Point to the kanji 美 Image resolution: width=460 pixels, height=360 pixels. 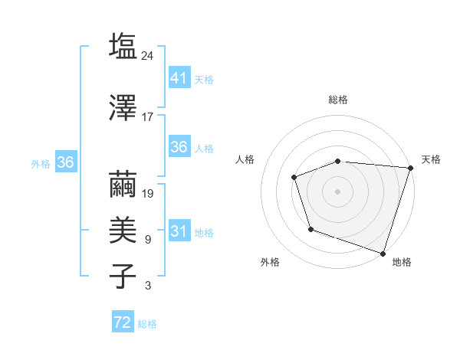tap(123, 231)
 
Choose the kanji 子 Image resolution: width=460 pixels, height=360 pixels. tap(123, 276)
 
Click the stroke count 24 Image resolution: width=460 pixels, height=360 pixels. tap(148, 55)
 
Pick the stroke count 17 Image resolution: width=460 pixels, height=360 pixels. tap(148, 116)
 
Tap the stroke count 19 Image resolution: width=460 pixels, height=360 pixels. tap(148, 193)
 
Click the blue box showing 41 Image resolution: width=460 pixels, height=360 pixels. tap(179, 78)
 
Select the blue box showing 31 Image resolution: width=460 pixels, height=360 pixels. tap(179, 231)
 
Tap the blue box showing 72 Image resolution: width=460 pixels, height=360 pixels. tap(123, 323)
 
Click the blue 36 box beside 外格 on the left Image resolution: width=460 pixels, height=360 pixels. tap(65, 162)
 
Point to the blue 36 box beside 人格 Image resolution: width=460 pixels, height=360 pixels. tap(179, 147)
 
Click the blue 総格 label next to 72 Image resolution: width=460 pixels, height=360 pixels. tap(147, 324)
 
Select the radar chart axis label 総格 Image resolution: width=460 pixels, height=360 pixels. tap(337, 100)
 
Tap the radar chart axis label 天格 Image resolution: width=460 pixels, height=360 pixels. tap(431, 159)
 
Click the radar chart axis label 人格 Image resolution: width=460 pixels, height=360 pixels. tap(245, 159)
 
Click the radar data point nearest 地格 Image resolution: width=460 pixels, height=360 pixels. tap(382, 252)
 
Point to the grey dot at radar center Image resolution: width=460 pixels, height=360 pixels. tap(337, 191)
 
